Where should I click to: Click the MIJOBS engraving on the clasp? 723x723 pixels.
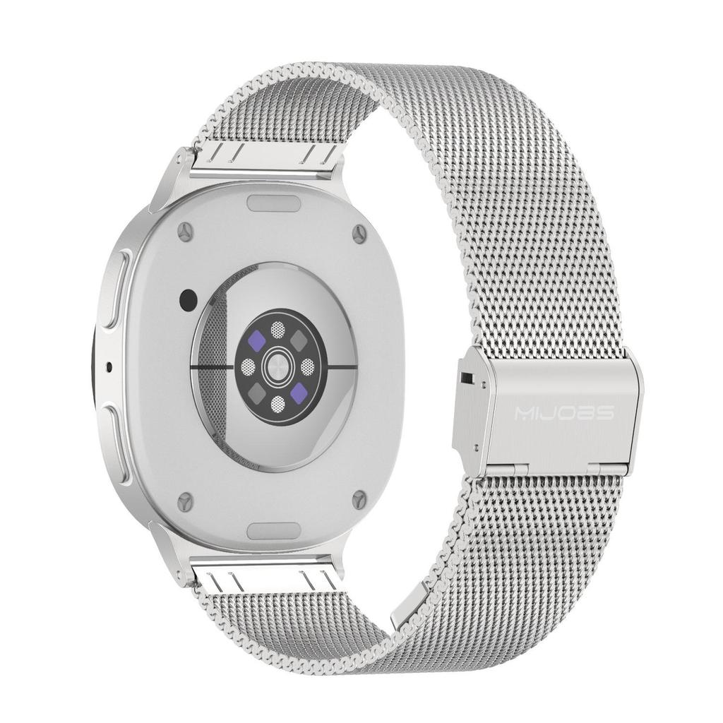[563, 412]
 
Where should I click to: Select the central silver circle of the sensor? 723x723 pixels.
[278, 366]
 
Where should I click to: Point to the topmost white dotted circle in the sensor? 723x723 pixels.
[279, 328]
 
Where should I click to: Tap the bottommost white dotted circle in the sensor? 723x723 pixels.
[278, 404]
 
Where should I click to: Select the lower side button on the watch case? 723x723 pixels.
[118, 443]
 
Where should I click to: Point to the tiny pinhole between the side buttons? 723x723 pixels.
[108, 366]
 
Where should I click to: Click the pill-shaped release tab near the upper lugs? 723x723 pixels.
[274, 203]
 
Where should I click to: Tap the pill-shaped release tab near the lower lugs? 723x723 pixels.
[275, 530]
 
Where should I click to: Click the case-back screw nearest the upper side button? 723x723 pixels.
[185, 230]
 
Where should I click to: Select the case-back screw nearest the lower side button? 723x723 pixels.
[185, 501]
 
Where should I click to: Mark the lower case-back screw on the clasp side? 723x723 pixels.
[360, 500]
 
